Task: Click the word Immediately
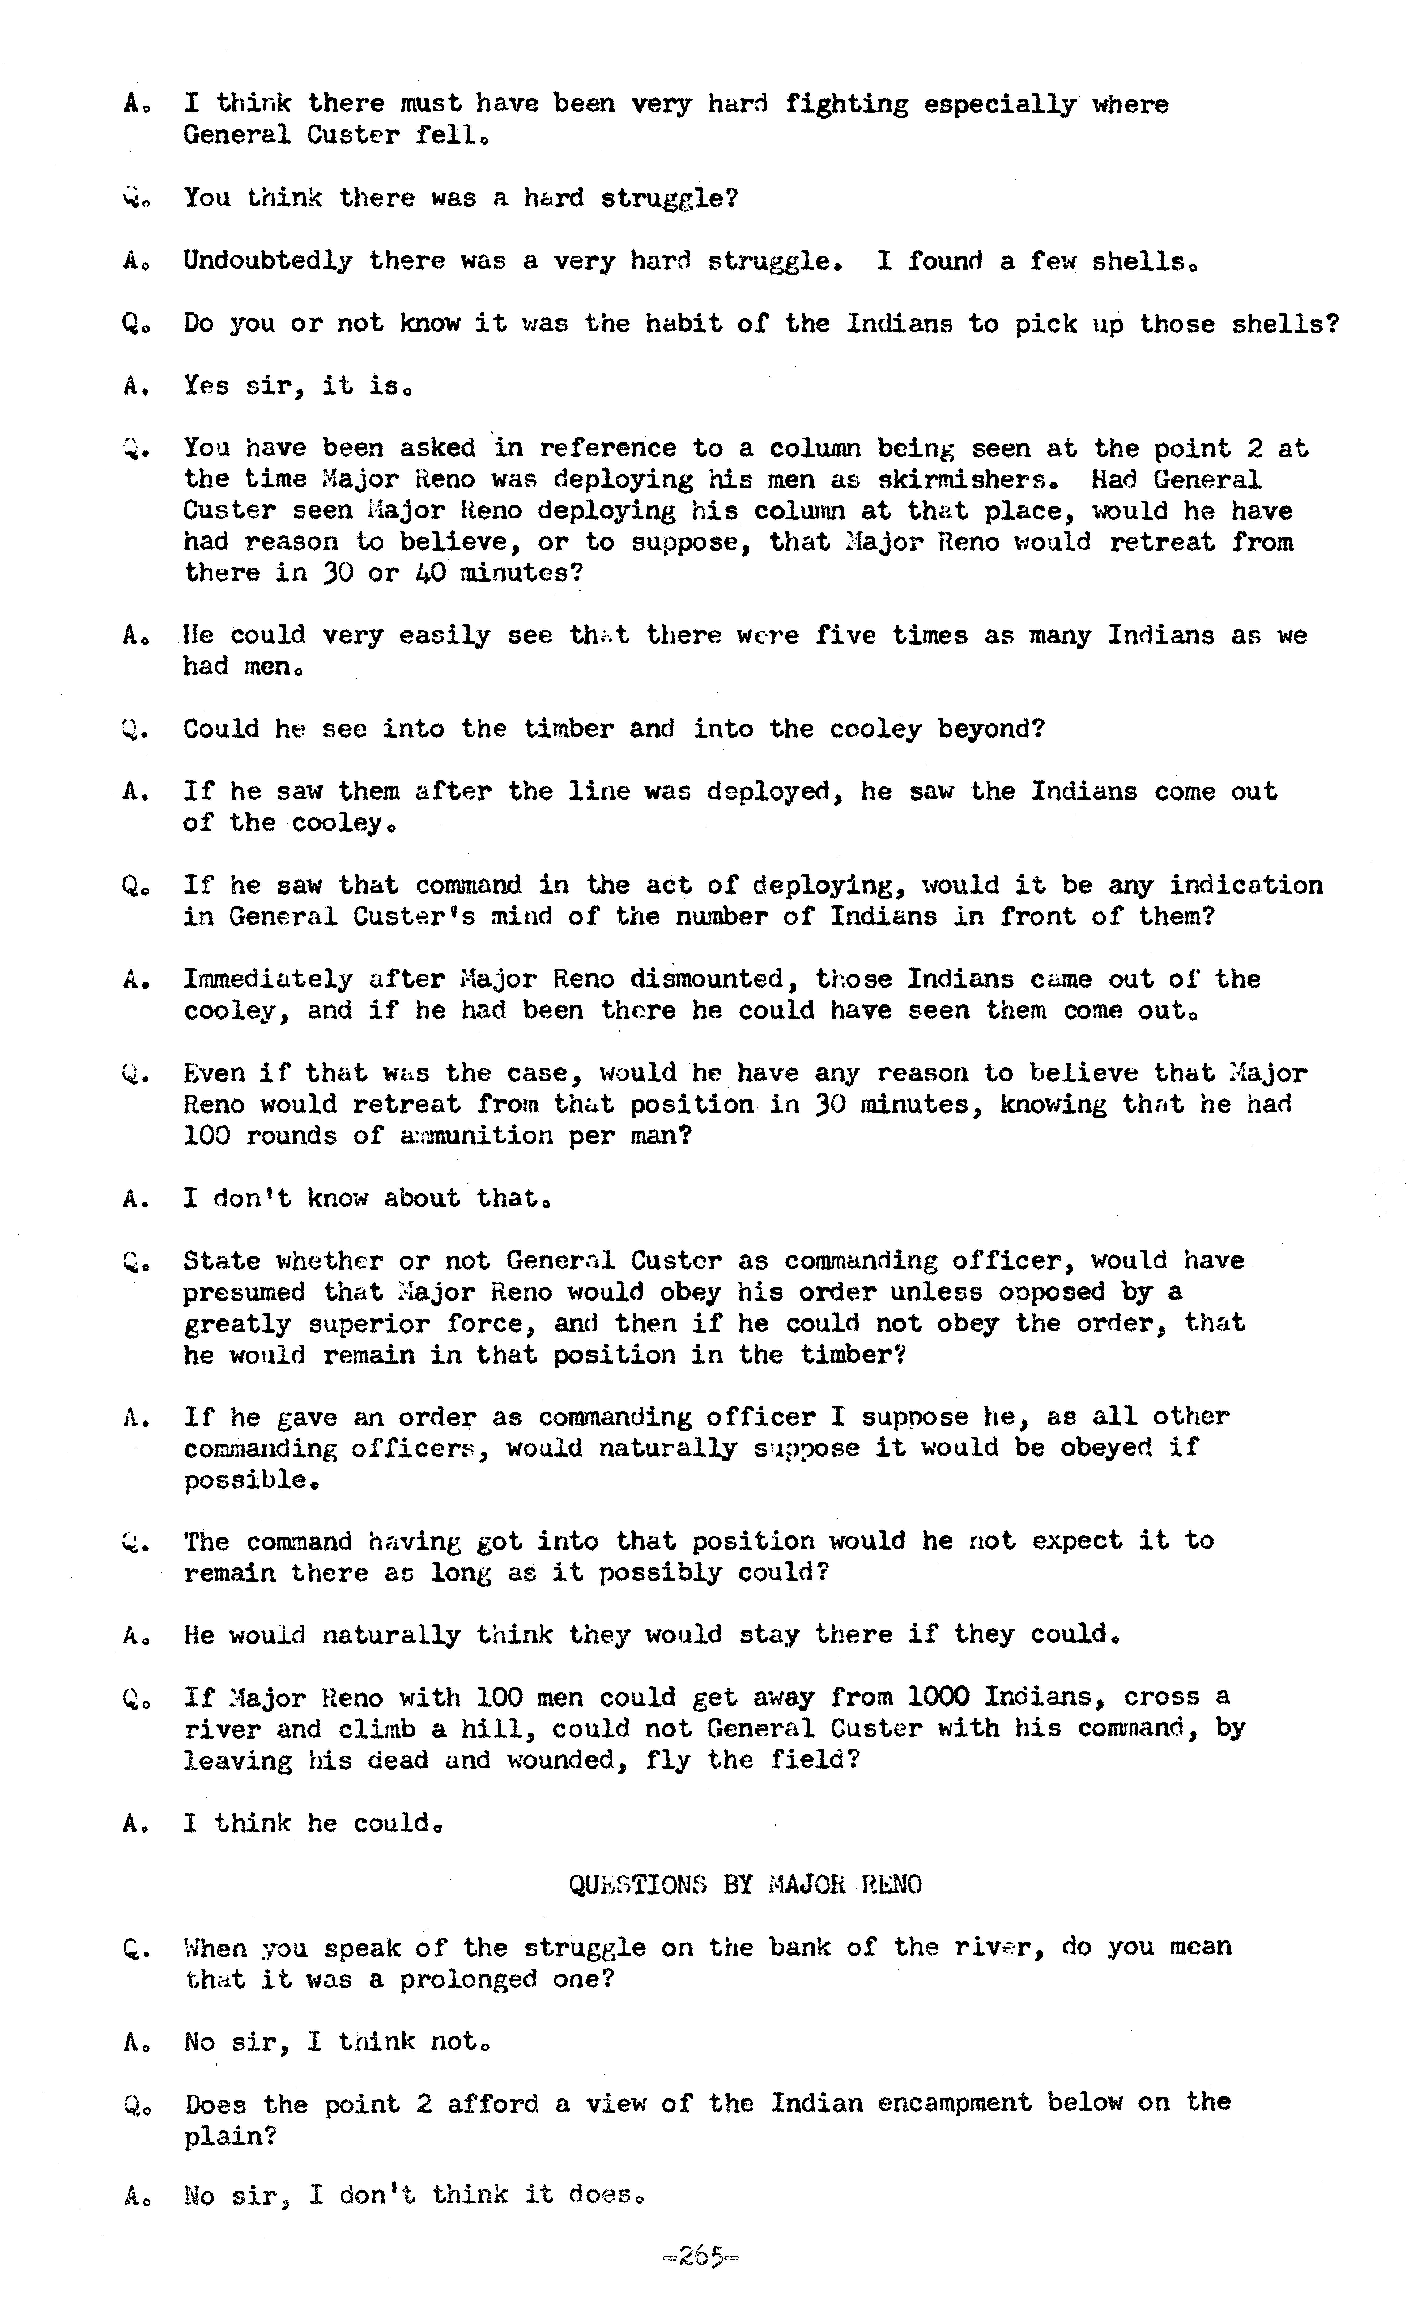tap(268, 979)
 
